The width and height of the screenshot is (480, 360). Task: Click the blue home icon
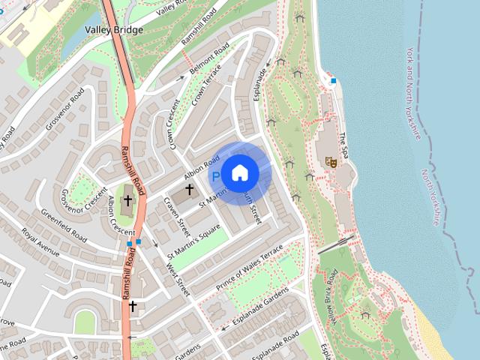click(x=239, y=173)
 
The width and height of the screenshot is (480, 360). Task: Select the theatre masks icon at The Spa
click(x=328, y=160)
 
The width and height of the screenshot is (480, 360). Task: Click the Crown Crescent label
click(x=173, y=124)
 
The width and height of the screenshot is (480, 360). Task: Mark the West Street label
click(x=178, y=274)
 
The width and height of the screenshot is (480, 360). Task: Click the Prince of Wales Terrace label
click(x=250, y=267)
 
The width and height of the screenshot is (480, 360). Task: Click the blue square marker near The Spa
click(x=333, y=80)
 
